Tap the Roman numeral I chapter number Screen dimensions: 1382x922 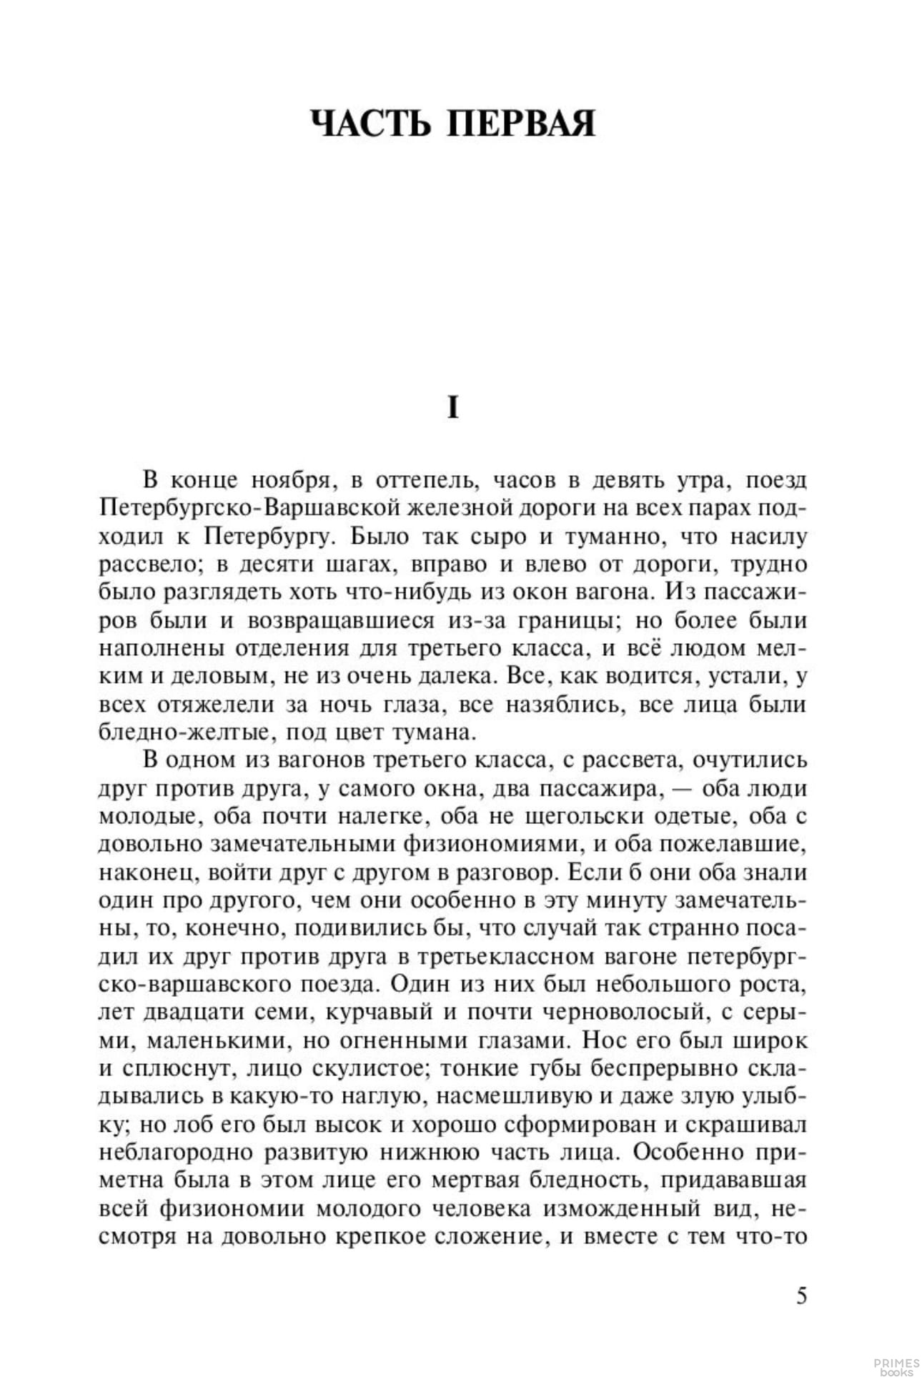(x=452, y=408)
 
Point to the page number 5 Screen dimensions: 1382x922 (x=801, y=1296)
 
